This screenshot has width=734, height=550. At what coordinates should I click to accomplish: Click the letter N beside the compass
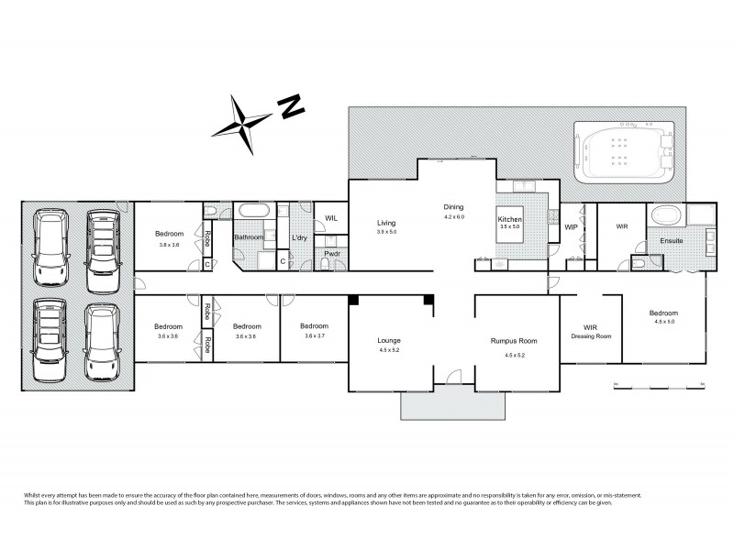click(293, 106)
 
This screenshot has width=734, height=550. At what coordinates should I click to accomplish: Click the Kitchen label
click(510, 220)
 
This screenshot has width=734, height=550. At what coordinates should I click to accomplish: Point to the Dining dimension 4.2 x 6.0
click(454, 217)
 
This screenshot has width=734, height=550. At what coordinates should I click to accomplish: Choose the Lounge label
click(390, 340)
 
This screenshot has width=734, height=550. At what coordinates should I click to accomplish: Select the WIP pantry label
click(570, 226)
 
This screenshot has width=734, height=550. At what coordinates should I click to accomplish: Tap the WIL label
click(331, 218)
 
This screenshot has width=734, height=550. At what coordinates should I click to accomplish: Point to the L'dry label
click(299, 238)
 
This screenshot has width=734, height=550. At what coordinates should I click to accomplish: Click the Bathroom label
click(249, 238)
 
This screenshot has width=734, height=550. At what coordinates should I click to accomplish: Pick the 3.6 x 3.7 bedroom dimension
click(314, 336)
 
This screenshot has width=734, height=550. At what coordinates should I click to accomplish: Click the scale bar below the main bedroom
click(657, 387)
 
